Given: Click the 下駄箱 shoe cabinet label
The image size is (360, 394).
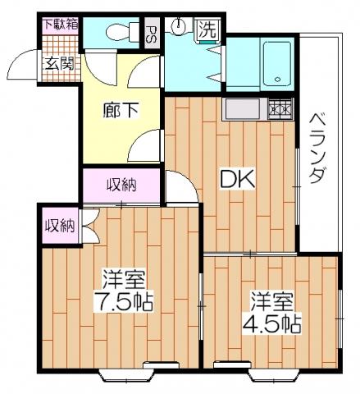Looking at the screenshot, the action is [x=62, y=25].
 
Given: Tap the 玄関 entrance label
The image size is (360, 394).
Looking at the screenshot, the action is [x=60, y=64].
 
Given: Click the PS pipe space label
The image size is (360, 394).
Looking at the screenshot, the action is [x=151, y=34].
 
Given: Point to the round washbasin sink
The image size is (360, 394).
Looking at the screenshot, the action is [x=179, y=25].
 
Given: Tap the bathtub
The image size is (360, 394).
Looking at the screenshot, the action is [x=276, y=64].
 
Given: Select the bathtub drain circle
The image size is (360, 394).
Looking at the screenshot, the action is [x=278, y=80].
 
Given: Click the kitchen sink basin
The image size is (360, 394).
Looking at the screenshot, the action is [x=243, y=108].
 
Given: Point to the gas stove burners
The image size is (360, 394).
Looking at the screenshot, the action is [x=280, y=109].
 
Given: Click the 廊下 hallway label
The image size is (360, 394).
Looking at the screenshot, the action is [x=121, y=109].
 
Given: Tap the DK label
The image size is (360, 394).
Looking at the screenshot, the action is [x=237, y=179].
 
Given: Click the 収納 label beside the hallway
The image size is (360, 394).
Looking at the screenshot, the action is [x=121, y=186].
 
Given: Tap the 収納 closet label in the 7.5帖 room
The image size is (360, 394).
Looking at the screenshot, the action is [x=60, y=226].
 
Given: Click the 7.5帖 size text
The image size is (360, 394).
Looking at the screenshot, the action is [x=123, y=302].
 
